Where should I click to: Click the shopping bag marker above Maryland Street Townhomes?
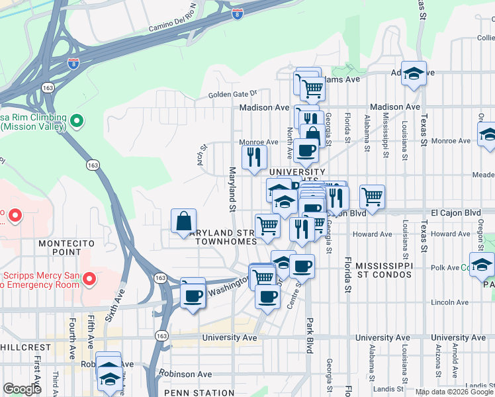183,222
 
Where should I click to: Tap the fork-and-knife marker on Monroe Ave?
255,157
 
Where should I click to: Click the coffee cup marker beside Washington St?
193,294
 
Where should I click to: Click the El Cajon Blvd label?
453,213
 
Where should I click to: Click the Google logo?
22,389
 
